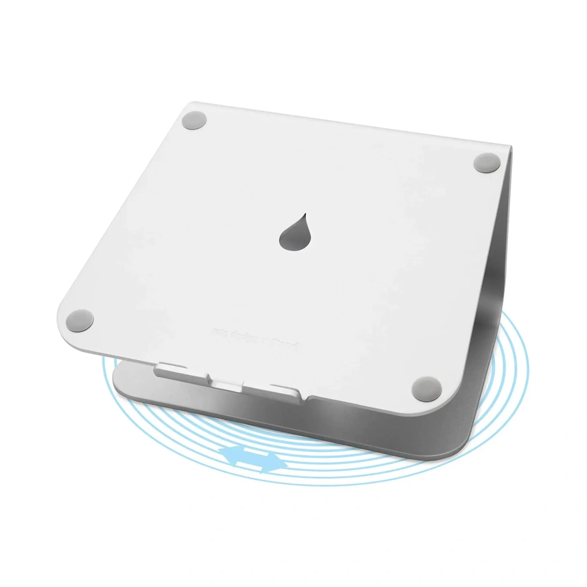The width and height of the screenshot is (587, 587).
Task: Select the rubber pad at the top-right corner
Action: coord(486,162)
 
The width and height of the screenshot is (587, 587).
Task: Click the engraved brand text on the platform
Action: coord(254,339)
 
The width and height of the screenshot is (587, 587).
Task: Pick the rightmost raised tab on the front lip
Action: coord(286,390)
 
